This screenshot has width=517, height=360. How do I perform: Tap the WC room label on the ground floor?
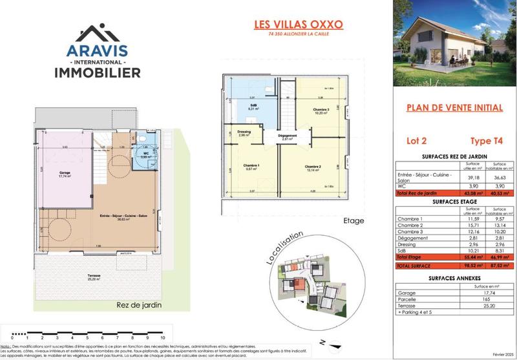tap(146, 154)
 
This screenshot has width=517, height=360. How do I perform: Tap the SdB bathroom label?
tap(253, 107)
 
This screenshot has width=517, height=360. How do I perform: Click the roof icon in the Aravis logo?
tap(96, 32)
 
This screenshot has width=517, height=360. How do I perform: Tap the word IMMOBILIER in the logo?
tap(96, 72)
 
